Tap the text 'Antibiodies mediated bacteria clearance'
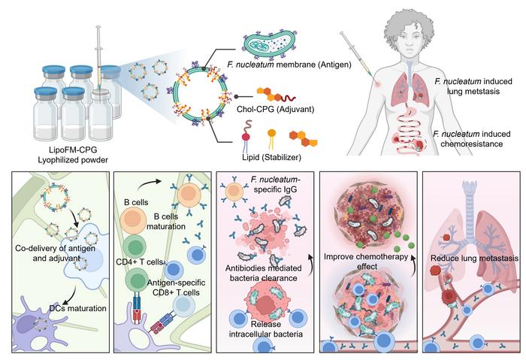(x=264, y=266)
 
